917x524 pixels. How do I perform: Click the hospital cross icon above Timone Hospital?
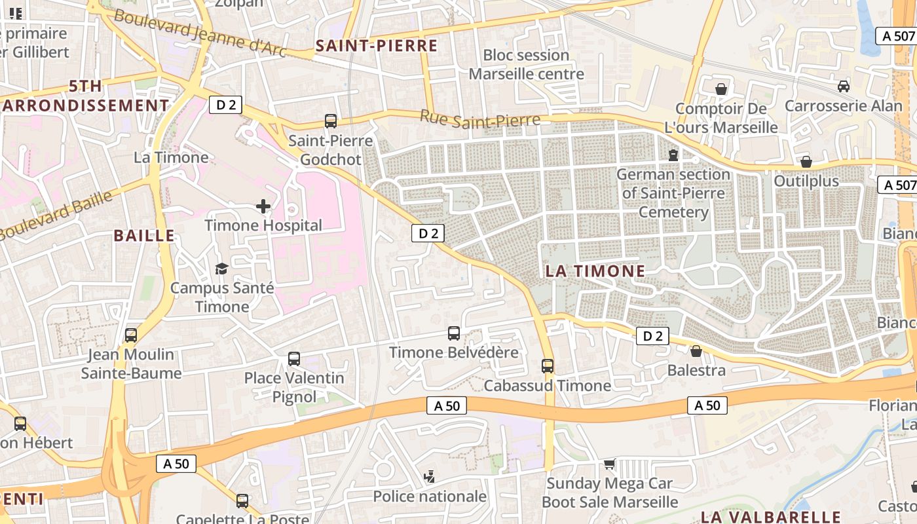pyautogui.click(x=263, y=207)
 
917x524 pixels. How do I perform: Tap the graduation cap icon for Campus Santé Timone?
pyautogui.click(x=221, y=269)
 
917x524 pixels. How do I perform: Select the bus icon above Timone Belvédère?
pyautogui.click(x=454, y=333)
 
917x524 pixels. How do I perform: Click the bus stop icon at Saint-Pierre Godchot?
pyautogui.click(x=331, y=121)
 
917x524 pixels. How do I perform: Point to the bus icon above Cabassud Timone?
pyautogui.click(x=548, y=366)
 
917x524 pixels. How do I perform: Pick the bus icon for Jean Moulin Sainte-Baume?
pyautogui.click(x=131, y=335)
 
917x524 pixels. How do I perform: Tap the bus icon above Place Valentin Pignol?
pyautogui.click(x=294, y=359)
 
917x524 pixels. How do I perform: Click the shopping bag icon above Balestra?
pyautogui.click(x=696, y=352)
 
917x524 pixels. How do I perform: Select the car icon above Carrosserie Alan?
pyautogui.click(x=844, y=86)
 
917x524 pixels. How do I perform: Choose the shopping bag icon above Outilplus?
pyautogui.click(x=806, y=162)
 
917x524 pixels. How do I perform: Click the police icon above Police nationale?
pyautogui.click(x=430, y=477)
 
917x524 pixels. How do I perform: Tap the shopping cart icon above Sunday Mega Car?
pyautogui.click(x=610, y=464)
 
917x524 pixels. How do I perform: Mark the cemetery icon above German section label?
pyautogui.click(x=673, y=155)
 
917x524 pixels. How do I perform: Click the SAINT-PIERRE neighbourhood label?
pyautogui.click(x=376, y=46)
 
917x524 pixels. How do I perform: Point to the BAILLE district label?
pyautogui.click(x=144, y=236)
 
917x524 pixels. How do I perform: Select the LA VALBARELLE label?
pyautogui.click(x=770, y=517)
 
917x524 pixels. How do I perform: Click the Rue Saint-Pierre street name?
pyautogui.click(x=480, y=119)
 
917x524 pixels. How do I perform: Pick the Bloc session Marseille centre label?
pyautogui.click(x=526, y=64)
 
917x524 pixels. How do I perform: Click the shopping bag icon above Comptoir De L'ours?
pyautogui.click(x=721, y=89)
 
